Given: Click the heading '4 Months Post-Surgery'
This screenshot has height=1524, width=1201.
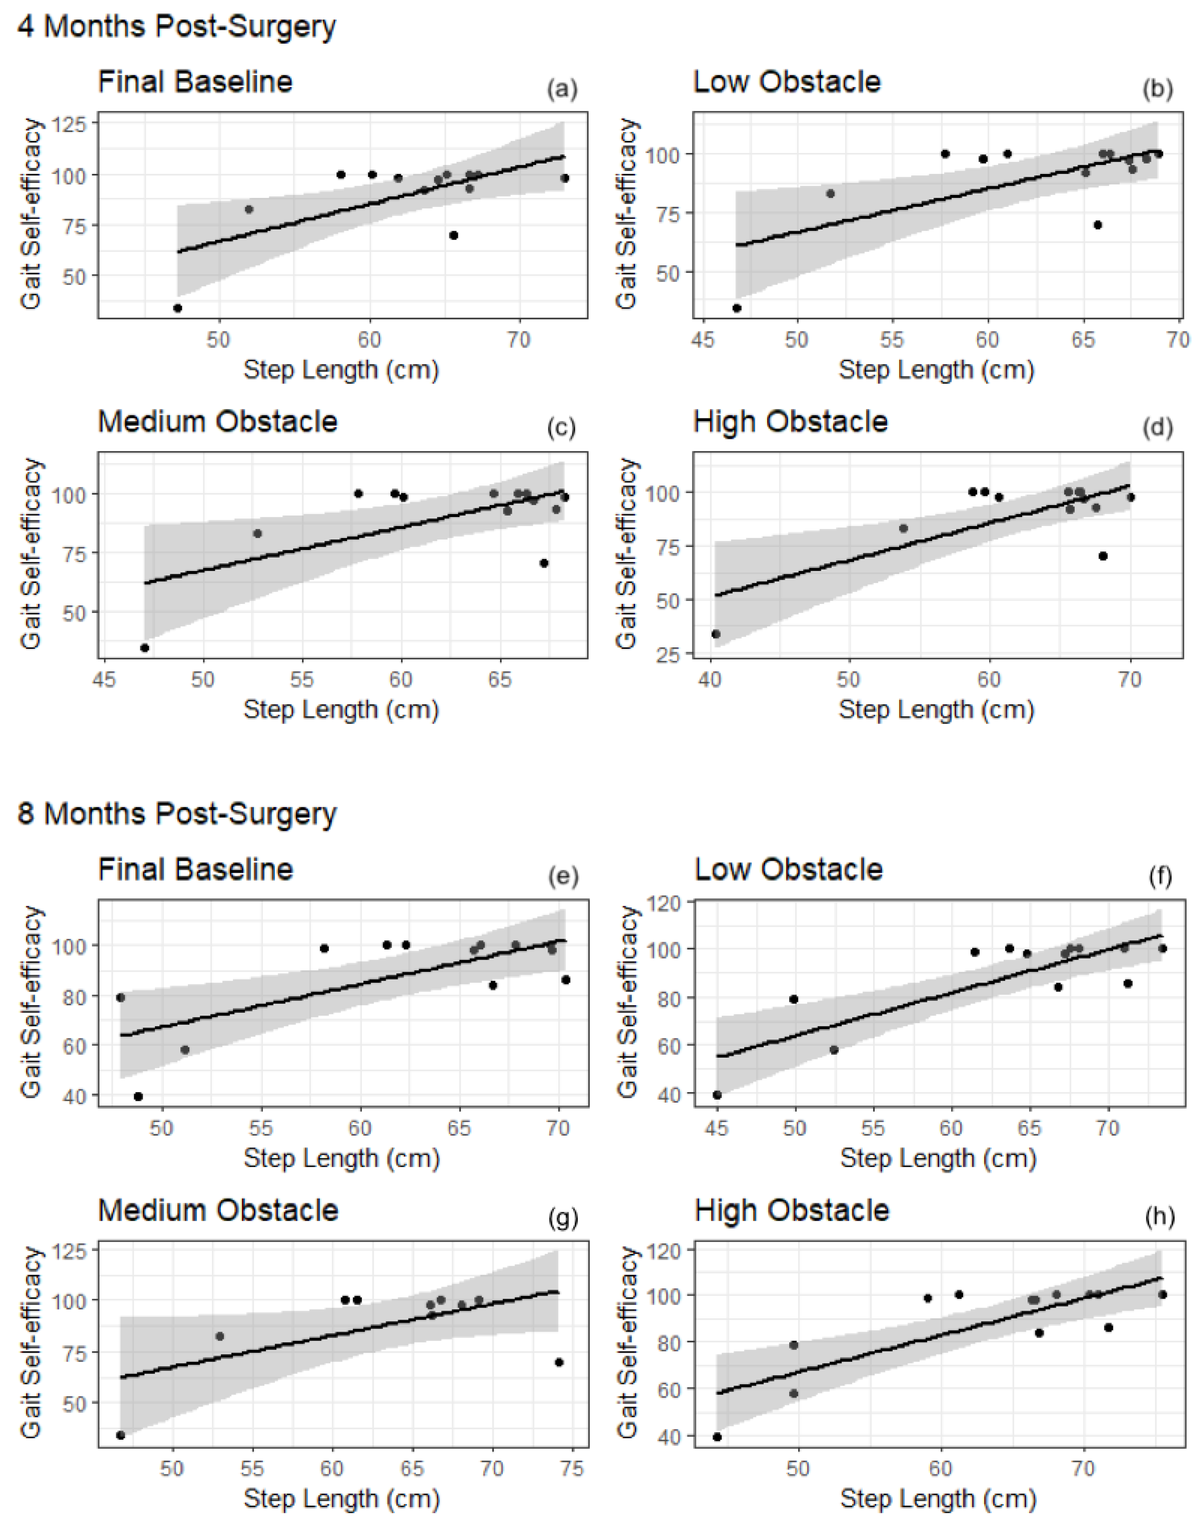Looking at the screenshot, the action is click(177, 27).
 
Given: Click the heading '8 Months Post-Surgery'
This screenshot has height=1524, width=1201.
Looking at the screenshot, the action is click(177, 814).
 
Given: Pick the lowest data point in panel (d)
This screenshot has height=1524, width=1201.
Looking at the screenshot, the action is click(716, 634).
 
